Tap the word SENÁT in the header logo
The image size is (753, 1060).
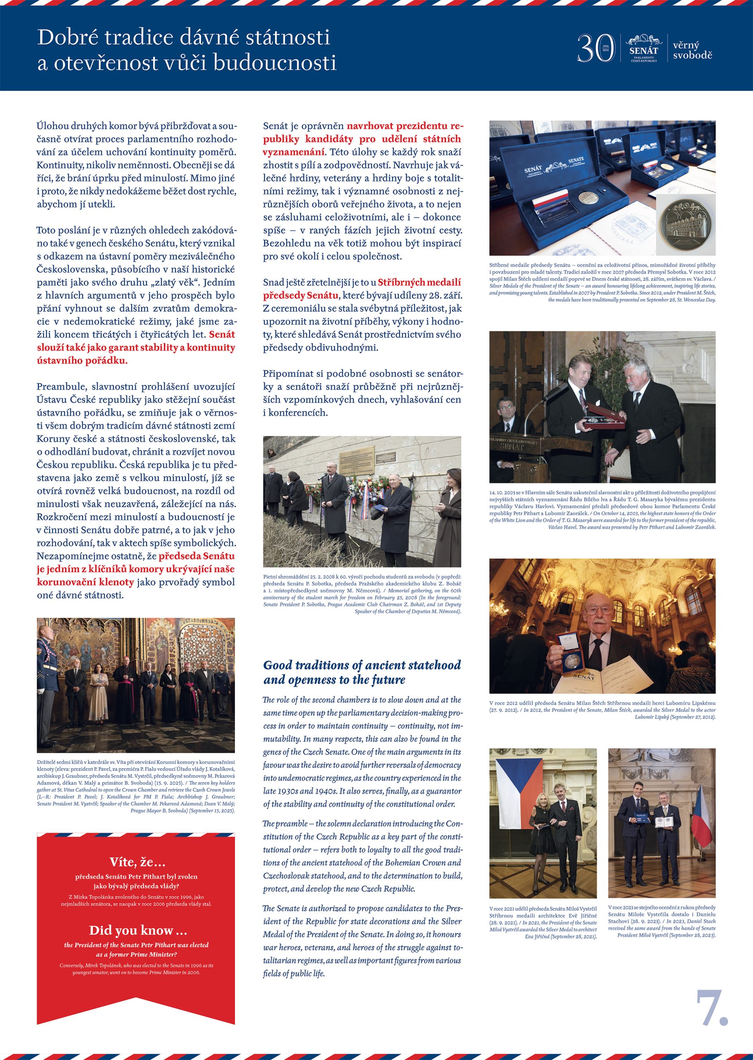click(x=644, y=51)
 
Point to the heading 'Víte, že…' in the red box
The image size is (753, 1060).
click(x=137, y=862)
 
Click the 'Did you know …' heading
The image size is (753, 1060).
click(x=138, y=930)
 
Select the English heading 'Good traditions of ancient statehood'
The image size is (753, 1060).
click(x=362, y=665)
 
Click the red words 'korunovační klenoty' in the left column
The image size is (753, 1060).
click(x=85, y=582)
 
